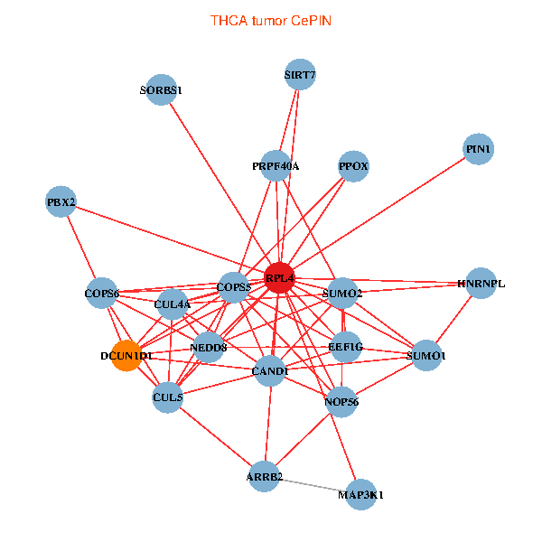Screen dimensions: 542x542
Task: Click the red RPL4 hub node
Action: pos(280,277)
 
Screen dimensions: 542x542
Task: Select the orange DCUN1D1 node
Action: pos(126,356)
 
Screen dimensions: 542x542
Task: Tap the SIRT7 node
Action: pos(299,76)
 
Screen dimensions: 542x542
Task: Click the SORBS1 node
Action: pos(161,90)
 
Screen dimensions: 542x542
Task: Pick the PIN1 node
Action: pos(479,148)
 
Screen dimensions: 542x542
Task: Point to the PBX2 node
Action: pos(61,201)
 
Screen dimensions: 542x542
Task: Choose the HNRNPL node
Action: pos(481,283)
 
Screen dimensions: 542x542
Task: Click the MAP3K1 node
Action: pos(360,494)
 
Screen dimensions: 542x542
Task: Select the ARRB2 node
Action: pos(265,476)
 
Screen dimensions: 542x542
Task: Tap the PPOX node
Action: pos(353,166)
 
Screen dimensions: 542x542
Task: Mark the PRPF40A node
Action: pos(276,166)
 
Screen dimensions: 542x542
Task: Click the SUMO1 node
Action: pos(425,356)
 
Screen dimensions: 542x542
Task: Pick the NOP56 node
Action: pos(341,401)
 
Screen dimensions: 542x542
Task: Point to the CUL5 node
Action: pos(168,397)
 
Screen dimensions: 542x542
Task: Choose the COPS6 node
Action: pos(102,293)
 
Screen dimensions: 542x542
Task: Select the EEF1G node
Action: pos(346,346)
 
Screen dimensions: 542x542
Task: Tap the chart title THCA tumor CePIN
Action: pos(271,20)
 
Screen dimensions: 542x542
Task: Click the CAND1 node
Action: pos(270,370)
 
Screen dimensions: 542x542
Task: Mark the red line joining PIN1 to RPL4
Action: pos(379,212)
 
